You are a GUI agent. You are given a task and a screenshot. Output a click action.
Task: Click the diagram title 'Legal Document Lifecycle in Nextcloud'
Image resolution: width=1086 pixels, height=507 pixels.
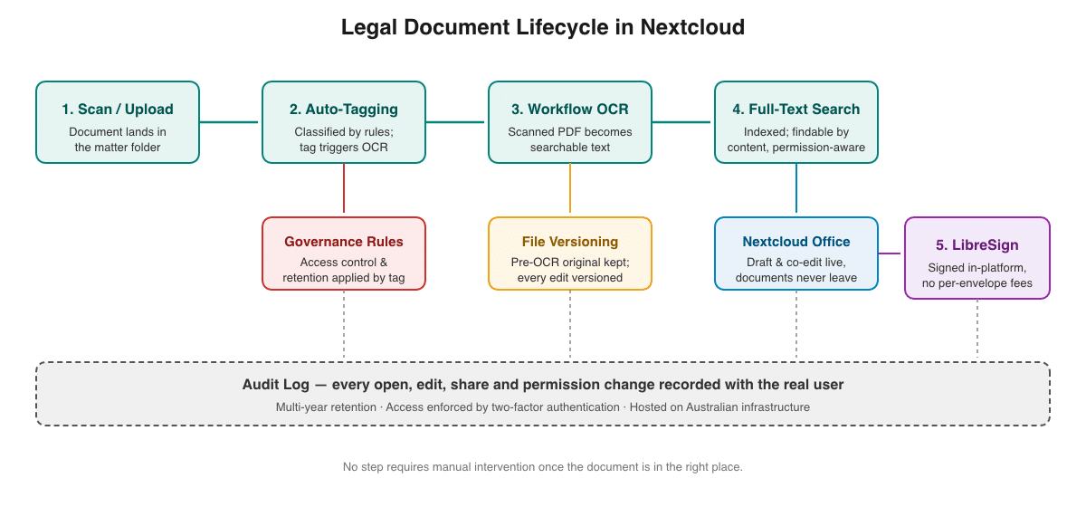pyautogui.click(x=542, y=27)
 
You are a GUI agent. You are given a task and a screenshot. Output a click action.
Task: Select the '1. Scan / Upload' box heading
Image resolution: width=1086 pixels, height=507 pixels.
pyautogui.click(x=118, y=110)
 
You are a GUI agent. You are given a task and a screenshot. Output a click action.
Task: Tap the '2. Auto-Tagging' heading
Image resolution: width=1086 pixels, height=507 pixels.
pyautogui.click(x=344, y=110)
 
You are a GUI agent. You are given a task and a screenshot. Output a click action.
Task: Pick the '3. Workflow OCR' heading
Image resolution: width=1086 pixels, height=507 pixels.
pyautogui.click(x=569, y=110)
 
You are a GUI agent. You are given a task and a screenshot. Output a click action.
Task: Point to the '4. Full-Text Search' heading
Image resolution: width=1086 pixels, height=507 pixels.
pyautogui.click(x=796, y=110)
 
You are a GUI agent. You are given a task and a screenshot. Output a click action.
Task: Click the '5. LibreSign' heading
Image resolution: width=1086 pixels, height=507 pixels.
pyautogui.click(x=976, y=245)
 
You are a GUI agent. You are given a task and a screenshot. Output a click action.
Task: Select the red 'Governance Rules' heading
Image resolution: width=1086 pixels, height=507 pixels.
pyautogui.click(x=344, y=242)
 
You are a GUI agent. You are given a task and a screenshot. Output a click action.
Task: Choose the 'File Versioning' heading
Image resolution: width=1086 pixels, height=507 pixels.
pyautogui.click(x=569, y=242)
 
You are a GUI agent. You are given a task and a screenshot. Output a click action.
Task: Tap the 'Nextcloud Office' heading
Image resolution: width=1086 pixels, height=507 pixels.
pyautogui.click(x=796, y=242)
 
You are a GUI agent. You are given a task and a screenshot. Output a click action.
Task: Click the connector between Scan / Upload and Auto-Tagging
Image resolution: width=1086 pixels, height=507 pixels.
pyautogui.click(x=229, y=122)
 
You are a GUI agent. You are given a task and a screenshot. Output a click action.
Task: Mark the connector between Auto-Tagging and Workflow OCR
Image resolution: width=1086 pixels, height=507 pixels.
pyautogui.click(x=454, y=122)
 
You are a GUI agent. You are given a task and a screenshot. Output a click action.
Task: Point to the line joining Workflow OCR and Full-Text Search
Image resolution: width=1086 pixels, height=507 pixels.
pyautogui.click(x=681, y=122)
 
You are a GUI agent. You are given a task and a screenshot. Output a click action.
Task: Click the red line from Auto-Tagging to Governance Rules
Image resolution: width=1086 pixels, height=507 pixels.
pyautogui.click(x=344, y=188)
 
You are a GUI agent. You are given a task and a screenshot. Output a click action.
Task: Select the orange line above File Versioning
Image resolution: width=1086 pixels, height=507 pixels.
pyautogui.click(x=569, y=188)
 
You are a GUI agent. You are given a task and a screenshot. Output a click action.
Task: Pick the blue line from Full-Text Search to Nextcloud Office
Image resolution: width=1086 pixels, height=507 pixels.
pyautogui.click(x=796, y=188)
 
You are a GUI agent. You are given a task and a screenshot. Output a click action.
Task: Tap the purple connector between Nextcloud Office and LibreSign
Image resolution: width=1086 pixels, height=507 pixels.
pyautogui.click(x=889, y=253)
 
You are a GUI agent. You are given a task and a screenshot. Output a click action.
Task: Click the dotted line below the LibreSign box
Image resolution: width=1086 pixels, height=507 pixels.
pyautogui.click(x=976, y=329)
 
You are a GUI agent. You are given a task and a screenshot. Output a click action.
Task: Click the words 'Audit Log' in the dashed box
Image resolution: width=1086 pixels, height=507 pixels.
pyautogui.click(x=275, y=385)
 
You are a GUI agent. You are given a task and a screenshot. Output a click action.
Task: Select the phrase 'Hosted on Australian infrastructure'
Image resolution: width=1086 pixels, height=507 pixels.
pyautogui.click(x=719, y=407)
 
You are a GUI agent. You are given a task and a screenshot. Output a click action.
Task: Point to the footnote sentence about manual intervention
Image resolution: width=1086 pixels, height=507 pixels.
pyautogui.click(x=542, y=467)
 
